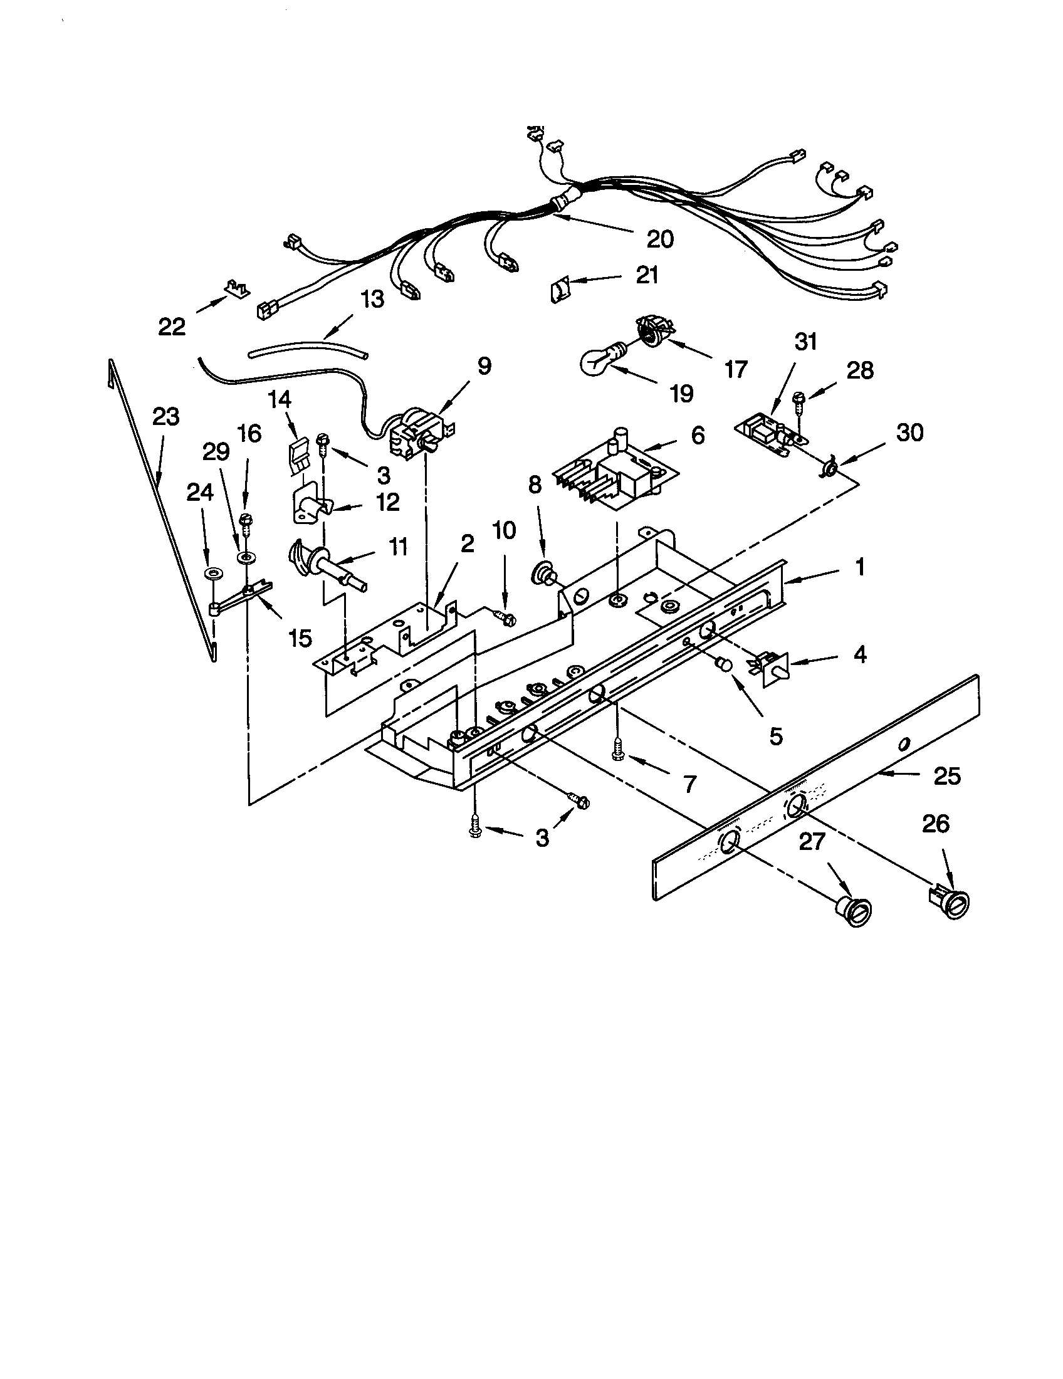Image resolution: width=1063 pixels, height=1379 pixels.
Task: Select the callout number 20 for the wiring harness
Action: click(x=660, y=239)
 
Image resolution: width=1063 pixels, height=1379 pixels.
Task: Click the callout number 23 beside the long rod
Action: click(x=166, y=417)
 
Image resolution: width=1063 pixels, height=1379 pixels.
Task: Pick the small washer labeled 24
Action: click(x=214, y=575)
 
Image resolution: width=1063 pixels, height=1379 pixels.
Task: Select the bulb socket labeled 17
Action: click(x=654, y=333)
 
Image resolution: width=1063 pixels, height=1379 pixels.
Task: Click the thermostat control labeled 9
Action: click(x=415, y=433)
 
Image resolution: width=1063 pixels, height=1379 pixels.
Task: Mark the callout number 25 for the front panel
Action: click(x=947, y=776)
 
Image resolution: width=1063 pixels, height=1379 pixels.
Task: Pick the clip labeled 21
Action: click(x=558, y=291)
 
